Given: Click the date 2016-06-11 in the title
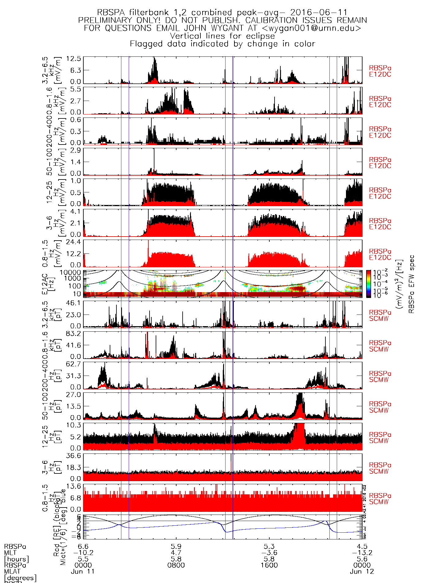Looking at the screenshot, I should click(319, 13).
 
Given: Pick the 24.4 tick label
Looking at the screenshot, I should click(74, 242).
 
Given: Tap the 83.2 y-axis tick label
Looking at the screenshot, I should click(74, 333).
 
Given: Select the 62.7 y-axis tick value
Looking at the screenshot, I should click(74, 364).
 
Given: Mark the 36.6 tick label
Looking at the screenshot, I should click(74, 456).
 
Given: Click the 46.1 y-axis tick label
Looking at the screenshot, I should click(74, 303).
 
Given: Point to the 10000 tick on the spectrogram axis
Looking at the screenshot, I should click(70, 272).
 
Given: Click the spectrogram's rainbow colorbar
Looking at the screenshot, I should click(368, 284).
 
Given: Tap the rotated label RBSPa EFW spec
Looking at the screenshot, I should click(412, 284).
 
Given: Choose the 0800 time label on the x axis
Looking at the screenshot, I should click(176, 565).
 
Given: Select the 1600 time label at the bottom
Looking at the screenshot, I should click(269, 565).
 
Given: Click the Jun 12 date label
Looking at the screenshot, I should click(362, 571).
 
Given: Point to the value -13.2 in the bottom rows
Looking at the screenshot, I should click(362, 553).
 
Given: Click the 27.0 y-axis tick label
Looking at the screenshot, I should click(74, 394).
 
